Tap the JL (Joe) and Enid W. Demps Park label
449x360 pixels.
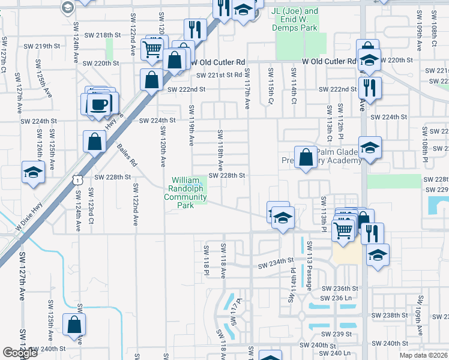coord(294,20)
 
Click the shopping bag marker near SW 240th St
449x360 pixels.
coord(74,325)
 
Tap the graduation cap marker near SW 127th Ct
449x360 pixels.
coord(33,172)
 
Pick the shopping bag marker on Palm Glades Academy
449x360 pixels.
coord(306,157)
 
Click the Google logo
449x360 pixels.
coord(20,353)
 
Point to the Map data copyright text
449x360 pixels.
coord(424,355)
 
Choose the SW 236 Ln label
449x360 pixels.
coord(335,298)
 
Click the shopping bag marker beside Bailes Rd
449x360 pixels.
coord(95,143)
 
